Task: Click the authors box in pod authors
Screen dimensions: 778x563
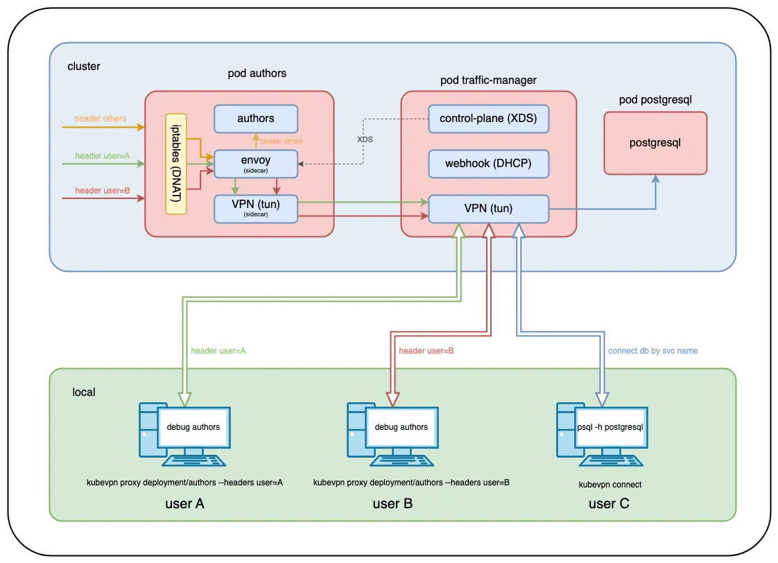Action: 256,119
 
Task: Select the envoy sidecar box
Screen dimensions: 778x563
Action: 256,164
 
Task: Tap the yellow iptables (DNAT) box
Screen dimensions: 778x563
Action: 175,164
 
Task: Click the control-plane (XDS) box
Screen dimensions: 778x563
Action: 488,119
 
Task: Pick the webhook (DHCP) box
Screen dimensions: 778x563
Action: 488,164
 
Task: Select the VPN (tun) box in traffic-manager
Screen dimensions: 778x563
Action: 488,209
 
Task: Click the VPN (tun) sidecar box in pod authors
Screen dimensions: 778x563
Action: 256,209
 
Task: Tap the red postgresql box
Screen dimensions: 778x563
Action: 655,143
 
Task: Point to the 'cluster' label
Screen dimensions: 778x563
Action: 84,67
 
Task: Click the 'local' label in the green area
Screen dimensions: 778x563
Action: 84,392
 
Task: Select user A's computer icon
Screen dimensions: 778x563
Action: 184,435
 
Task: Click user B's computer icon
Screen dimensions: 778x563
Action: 392,435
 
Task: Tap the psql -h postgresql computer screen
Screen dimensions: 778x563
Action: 610,427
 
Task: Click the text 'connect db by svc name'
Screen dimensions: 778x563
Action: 652,351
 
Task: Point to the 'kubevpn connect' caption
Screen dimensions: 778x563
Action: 610,485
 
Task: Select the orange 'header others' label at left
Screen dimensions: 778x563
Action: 101,119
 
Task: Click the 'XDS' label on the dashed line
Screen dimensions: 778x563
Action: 365,139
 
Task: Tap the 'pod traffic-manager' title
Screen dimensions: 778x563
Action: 488,80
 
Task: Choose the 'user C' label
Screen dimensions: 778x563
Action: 609,503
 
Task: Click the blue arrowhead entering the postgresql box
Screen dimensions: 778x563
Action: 655,179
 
